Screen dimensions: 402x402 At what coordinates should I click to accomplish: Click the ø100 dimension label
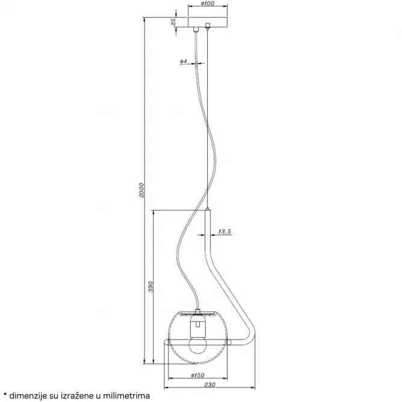(208, 4)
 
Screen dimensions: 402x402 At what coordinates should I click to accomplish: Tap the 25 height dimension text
(173, 22)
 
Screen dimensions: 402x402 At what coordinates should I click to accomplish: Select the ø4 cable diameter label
(184, 61)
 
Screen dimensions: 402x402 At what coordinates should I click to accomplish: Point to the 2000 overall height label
(141, 190)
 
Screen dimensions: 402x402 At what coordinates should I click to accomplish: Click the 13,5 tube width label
(224, 232)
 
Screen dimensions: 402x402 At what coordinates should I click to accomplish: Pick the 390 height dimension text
(150, 287)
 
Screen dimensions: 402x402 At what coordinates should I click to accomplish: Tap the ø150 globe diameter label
(197, 376)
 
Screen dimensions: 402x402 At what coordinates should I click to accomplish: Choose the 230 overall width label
(209, 385)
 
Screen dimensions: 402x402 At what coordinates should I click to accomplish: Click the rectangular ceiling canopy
(208, 22)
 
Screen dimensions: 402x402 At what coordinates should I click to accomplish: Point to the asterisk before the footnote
(5, 394)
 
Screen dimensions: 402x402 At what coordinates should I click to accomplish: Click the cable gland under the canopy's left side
(196, 29)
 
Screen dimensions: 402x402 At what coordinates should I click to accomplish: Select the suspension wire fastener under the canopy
(208, 26)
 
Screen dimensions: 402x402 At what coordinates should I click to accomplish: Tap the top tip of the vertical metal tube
(208, 208)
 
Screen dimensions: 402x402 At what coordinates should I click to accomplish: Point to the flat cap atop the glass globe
(197, 312)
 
